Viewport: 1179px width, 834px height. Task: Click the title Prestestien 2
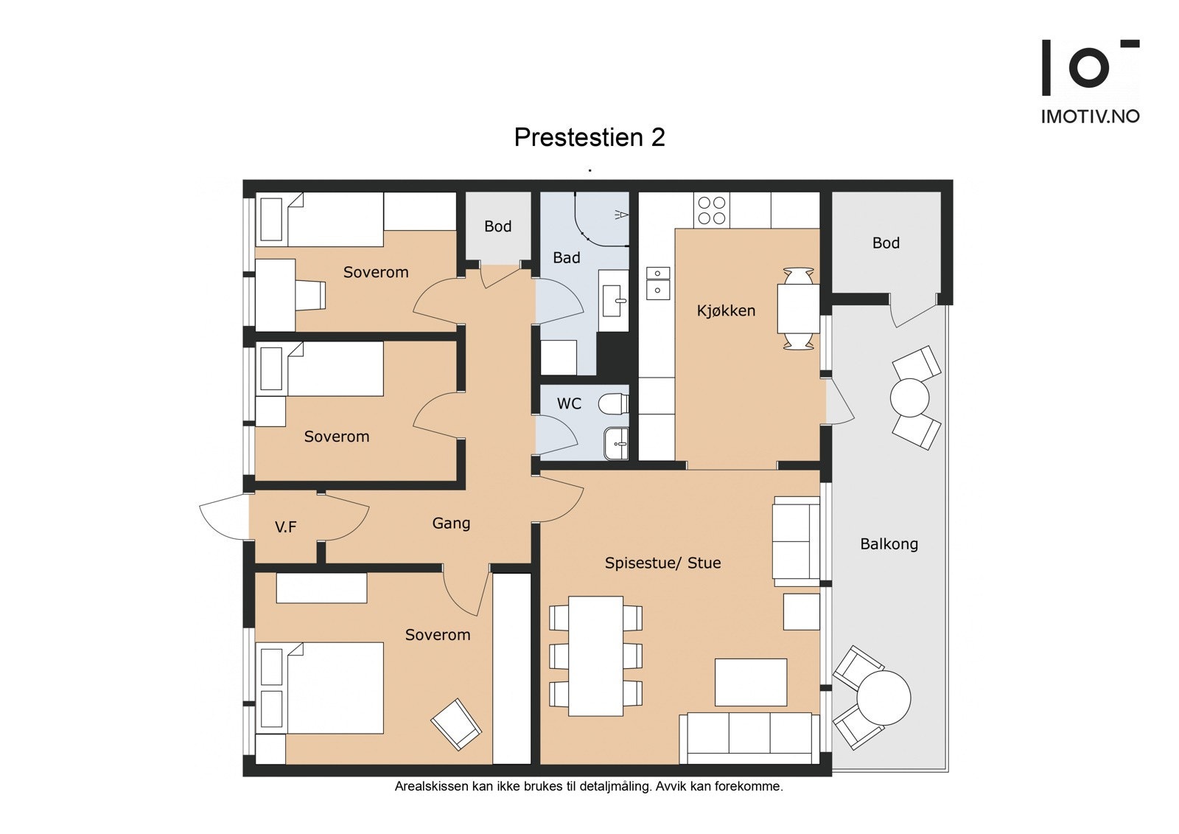pos(589,137)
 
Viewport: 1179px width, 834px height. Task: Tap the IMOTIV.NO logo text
pos(1091,117)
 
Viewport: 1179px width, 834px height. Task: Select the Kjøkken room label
pos(726,311)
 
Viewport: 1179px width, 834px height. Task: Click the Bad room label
pos(567,257)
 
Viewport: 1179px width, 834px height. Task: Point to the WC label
pos(569,403)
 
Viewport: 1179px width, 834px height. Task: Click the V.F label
pos(285,527)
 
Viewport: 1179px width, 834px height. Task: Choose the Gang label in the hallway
pos(451,524)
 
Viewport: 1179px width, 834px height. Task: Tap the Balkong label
pos(889,544)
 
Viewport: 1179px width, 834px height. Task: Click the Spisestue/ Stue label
pos(662,563)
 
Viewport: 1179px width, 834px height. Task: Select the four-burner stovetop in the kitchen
pos(712,210)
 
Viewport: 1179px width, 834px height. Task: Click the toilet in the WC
pos(613,404)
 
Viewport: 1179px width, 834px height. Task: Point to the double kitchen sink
pos(658,283)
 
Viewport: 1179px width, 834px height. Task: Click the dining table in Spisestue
pos(596,656)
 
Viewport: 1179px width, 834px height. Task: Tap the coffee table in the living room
pos(751,682)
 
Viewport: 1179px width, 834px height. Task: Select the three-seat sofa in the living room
pos(749,738)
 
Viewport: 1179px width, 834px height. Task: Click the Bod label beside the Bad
pos(498,226)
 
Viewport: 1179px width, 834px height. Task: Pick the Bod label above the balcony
pos(886,243)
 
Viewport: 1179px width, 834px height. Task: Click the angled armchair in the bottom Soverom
pos(456,724)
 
